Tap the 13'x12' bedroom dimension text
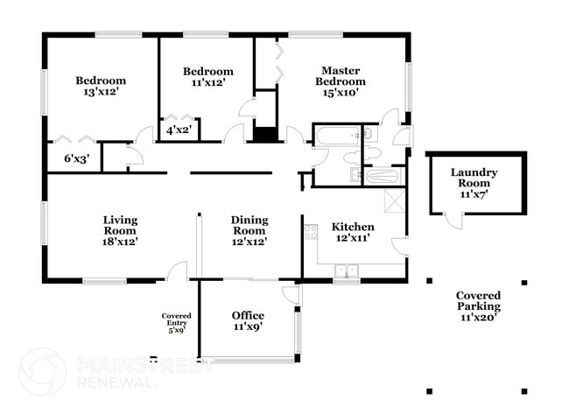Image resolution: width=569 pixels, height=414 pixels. click(x=102, y=92)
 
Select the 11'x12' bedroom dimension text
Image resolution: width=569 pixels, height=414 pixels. click(x=208, y=83)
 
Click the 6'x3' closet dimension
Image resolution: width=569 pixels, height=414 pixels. click(x=76, y=158)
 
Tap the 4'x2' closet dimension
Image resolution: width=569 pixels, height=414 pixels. click(x=179, y=130)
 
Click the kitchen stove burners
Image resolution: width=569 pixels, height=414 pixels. click(x=311, y=233)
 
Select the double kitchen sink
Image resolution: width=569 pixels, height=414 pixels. click(x=347, y=270)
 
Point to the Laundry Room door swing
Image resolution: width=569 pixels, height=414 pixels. click(x=453, y=221)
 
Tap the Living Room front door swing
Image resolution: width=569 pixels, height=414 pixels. click(x=178, y=270)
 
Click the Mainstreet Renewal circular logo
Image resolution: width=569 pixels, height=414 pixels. click(x=43, y=371)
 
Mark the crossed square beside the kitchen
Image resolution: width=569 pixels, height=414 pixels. click(x=395, y=200)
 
